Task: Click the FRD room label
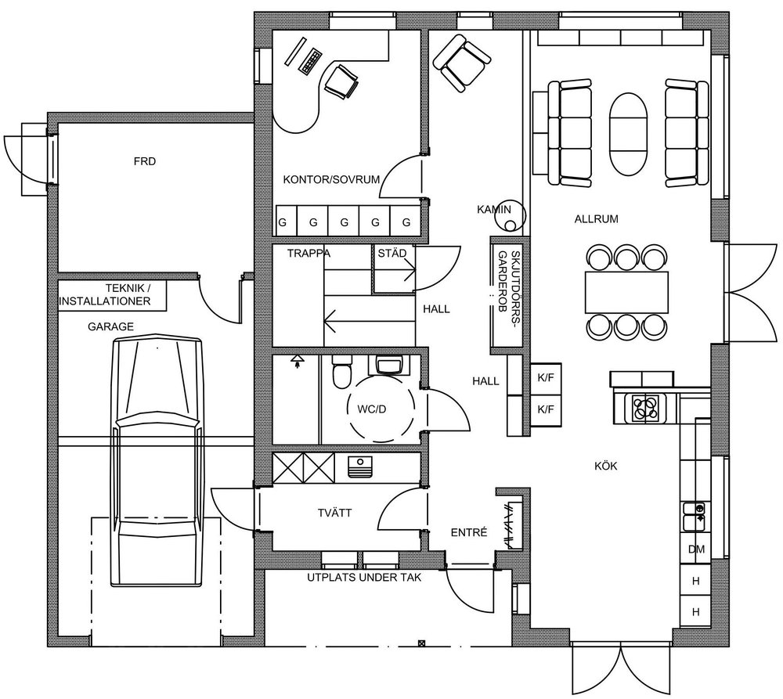145,163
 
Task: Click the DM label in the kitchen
695,549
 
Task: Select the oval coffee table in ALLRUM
630,135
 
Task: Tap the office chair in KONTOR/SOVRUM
342,81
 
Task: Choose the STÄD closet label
391,253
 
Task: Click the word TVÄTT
334,513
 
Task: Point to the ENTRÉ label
469,531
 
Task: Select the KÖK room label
606,467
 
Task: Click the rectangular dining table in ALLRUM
626,290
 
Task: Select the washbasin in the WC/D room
389,366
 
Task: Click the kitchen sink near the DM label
694,513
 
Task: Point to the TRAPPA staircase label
309,253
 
